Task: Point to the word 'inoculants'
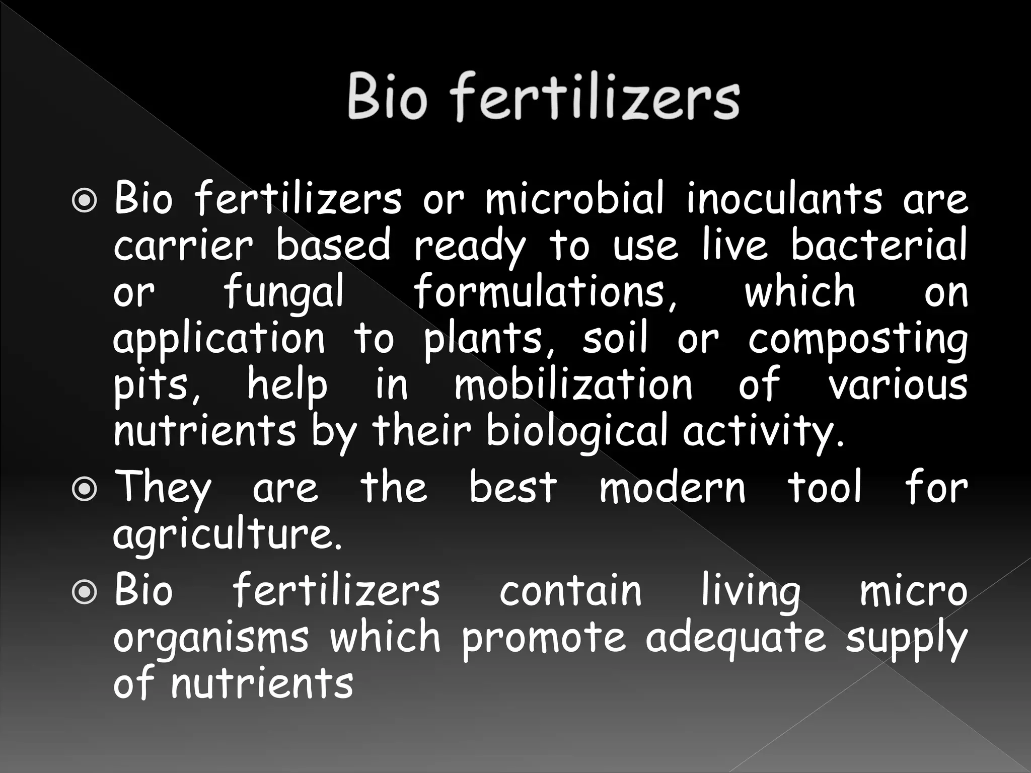pyautogui.click(x=784, y=198)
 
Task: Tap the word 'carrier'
pyautogui.click(x=183, y=246)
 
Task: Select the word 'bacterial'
pyautogui.click(x=878, y=245)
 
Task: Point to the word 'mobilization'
pyautogui.click(x=573, y=385)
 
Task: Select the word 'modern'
pyautogui.click(x=672, y=488)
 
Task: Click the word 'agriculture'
pyautogui.click(x=228, y=535)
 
